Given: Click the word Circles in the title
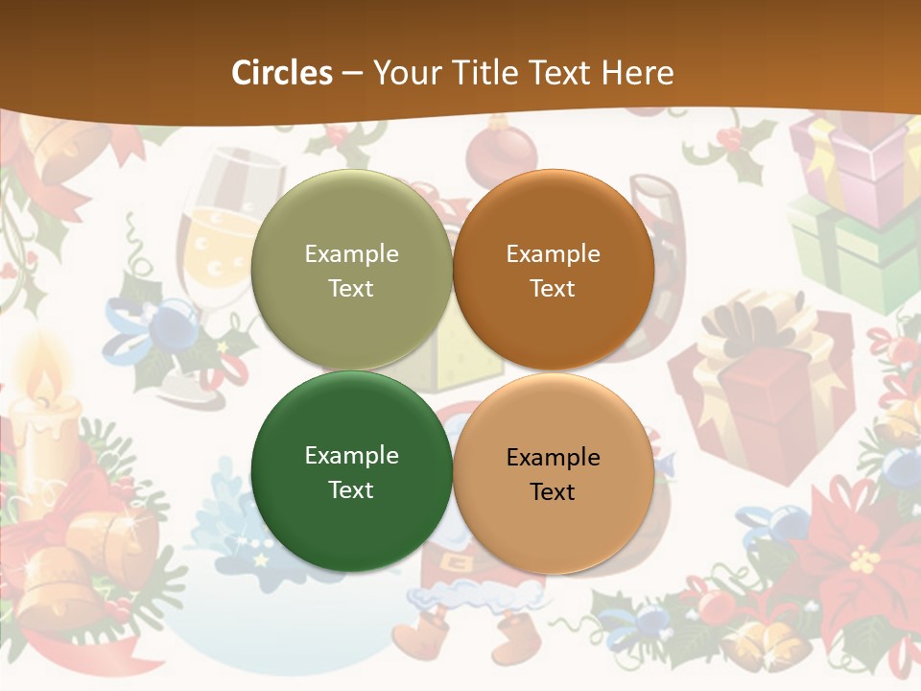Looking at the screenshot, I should click(x=282, y=73).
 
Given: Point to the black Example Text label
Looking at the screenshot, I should click(x=553, y=474).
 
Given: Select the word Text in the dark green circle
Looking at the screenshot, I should click(x=351, y=489).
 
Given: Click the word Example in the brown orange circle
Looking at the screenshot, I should click(x=553, y=253).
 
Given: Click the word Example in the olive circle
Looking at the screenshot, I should click(x=351, y=253).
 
